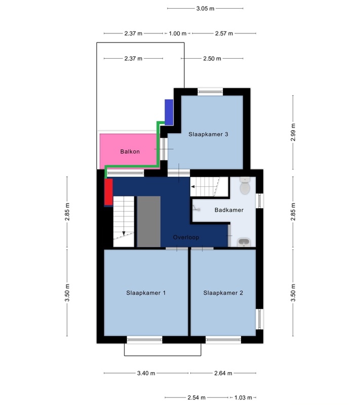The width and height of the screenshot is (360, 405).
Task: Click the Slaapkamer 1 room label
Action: coord(146,293)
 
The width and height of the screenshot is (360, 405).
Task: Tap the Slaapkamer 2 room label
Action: coord(223,293)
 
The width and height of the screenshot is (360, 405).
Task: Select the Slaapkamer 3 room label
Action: coord(208,134)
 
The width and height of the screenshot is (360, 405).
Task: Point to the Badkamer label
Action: coord(229,210)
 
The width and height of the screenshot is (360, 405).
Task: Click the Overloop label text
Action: coord(186,237)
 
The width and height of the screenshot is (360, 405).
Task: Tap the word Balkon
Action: coord(130,151)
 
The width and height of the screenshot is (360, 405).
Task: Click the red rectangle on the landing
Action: coord(108,192)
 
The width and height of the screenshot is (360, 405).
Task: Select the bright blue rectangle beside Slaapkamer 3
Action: coord(169,112)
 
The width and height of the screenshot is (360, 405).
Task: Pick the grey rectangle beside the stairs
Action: coord(148,221)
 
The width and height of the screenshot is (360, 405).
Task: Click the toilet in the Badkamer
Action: coord(245,185)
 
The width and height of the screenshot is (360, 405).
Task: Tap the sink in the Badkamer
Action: coord(244,242)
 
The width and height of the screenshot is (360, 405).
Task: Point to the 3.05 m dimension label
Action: coord(205,9)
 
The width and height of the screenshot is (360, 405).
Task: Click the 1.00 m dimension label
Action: coord(178,33)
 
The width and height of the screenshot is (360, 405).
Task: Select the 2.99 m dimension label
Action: coord(293,132)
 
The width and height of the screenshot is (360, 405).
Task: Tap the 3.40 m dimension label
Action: coord(146,373)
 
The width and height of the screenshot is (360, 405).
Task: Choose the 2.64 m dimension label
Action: coord(223,373)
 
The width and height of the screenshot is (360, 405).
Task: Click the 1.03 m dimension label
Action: coord(243,397)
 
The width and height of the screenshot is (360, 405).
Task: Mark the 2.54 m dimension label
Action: coord(196,397)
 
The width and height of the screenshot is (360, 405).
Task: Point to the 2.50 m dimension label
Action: coord(212,58)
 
